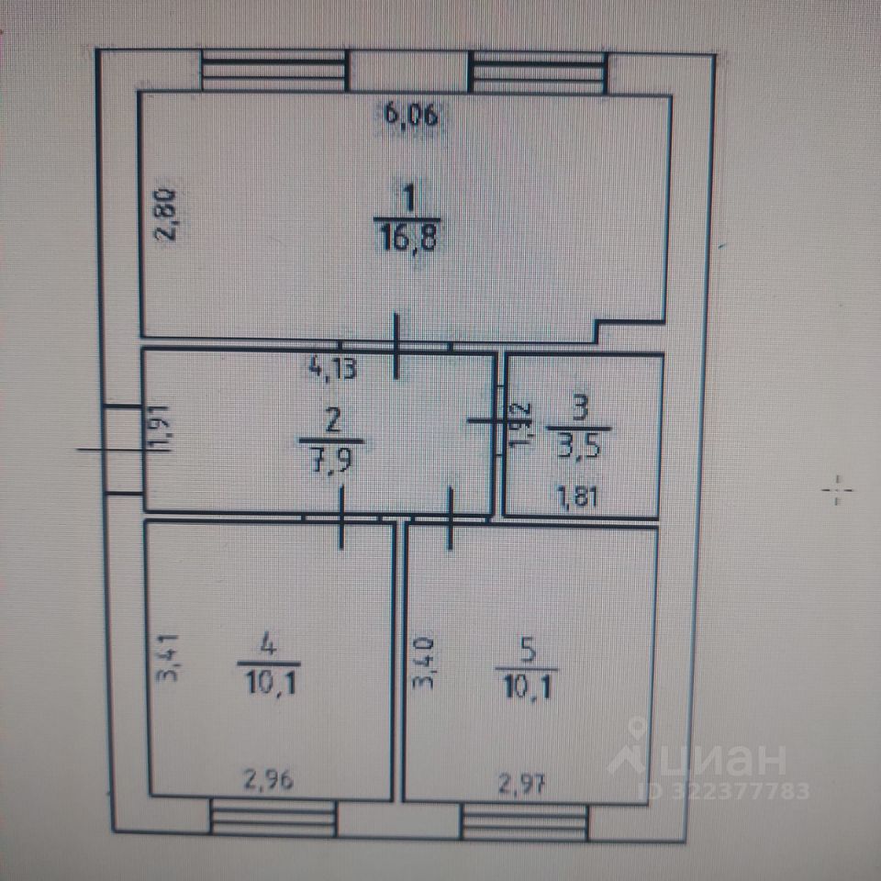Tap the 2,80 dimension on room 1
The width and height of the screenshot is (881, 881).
[167, 214]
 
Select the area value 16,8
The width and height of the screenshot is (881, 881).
[408, 240]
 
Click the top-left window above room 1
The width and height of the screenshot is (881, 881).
[273, 71]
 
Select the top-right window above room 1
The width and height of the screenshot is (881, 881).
[538, 71]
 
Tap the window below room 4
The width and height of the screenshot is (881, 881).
[273, 817]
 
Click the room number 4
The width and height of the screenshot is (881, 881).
[269, 646]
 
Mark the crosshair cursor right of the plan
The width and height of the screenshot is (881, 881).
[836, 491]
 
